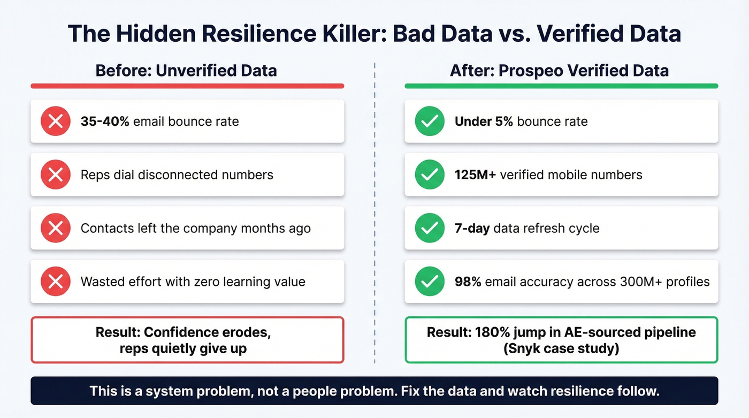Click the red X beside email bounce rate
(x=56, y=121)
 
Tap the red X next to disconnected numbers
(x=56, y=175)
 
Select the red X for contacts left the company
(x=56, y=229)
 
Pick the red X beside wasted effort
(x=56, y=282)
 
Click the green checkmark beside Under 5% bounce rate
(x=430, y=121)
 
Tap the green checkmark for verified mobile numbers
(x=430, y=175)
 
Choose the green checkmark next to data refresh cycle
(x=430, y=229)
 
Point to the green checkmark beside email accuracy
(x=430, y=282)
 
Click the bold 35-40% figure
(x=105, y=121)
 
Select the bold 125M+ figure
(x=475, y=175)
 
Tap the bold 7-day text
(x=472, y=229)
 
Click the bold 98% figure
(x=468, y=282)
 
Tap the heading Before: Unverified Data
(x=186, y=71)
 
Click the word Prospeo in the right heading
(x=530, y=71)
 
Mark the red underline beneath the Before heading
(x=187, y=86)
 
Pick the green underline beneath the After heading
(x=561, y=86)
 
